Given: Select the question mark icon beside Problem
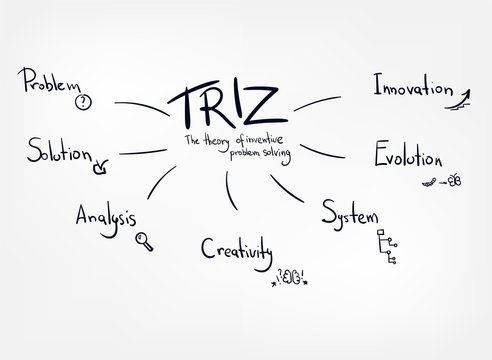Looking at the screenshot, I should click(x=82, y=100).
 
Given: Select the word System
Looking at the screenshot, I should click(x=352, y=212).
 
